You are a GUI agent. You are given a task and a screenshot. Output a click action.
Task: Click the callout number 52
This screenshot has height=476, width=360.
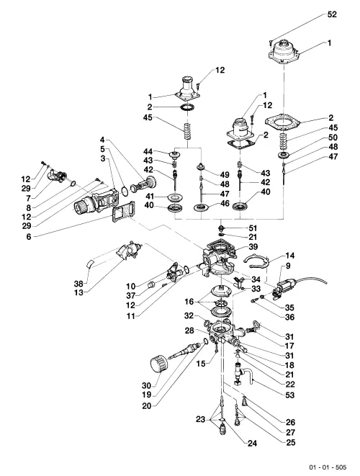click(332, 14)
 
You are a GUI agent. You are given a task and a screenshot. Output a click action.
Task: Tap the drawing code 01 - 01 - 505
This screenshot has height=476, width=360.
click(328, 467)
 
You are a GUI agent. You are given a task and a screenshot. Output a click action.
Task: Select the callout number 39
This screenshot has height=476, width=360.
click(253, 246)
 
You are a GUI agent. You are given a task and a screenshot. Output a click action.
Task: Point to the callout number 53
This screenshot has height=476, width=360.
click(290, 395)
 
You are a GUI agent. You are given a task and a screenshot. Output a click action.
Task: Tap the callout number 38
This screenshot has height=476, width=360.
click(78, 284)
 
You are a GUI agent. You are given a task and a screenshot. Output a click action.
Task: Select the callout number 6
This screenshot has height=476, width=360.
click(29, 236)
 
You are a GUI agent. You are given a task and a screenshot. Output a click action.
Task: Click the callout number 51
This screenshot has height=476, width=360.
click(253, 228)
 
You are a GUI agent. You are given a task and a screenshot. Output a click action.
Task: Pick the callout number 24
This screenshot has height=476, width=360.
click(252, 444)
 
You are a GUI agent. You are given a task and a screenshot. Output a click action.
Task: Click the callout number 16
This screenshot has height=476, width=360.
click(189, 302)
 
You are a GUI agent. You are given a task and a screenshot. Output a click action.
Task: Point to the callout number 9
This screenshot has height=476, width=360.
click(288, 266)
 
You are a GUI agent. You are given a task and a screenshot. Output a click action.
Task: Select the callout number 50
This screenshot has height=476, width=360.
click(333, 138)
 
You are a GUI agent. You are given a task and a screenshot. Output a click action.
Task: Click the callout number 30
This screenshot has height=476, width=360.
click(146, 385)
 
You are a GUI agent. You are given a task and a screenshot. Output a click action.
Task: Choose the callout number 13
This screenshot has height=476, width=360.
click(78, 292)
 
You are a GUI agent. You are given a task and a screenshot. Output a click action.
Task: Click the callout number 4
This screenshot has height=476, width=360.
click(102, 140)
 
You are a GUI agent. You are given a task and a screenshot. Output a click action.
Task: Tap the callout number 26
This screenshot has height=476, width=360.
click(290, 422)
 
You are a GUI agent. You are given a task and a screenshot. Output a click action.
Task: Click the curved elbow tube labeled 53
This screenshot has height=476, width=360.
click(250, 375)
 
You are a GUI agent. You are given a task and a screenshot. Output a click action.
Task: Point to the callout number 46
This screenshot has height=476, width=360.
click(225, 203)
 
